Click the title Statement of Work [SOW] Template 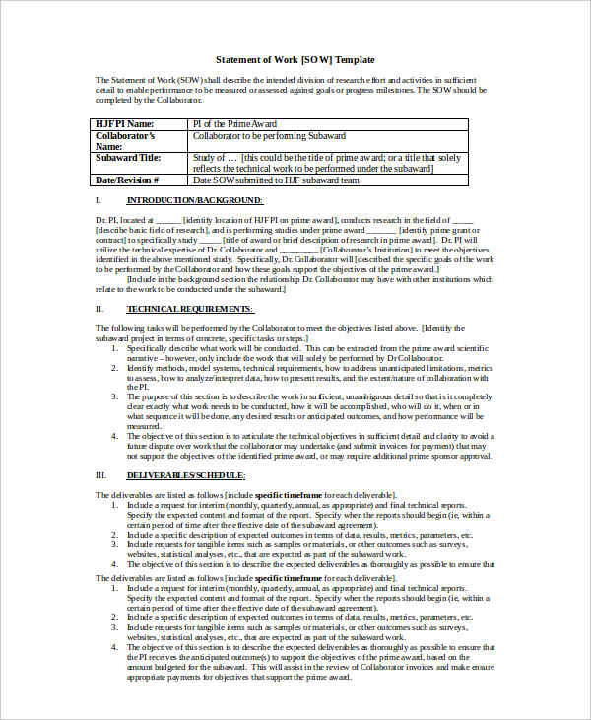[295, 59]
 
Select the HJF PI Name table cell [125, 123]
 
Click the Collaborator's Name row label [125, 140]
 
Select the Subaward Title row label [128, 157]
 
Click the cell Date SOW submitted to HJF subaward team [276, 180]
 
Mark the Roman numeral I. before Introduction [98, 200]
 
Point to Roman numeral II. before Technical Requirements [98, 309]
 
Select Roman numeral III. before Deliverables [99, 473]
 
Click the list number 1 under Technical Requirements [114, 348]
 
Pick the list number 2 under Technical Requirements [114, 367]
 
